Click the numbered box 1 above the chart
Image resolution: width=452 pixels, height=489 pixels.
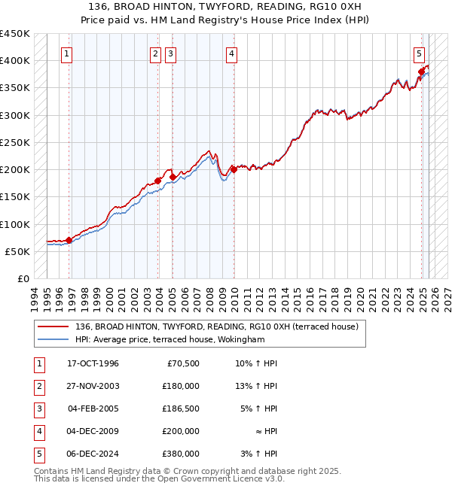click(67, 53)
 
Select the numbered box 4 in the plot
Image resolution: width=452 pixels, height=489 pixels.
click(231, 53)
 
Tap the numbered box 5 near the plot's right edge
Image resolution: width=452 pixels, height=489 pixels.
click(419, 53)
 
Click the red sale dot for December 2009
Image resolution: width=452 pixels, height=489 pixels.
click(234, 169)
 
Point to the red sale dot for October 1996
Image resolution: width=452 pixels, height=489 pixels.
click(69, 240)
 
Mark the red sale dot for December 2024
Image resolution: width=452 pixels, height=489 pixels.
click(421, 71)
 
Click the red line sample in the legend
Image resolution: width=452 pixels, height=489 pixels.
click(53, 327)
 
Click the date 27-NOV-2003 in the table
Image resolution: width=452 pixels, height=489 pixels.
click(93, 386)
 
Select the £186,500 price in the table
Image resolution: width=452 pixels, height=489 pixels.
click(181, 409)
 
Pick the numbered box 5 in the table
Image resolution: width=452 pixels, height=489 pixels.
click(38, 454)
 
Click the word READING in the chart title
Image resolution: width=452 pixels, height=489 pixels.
click(265, 6)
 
